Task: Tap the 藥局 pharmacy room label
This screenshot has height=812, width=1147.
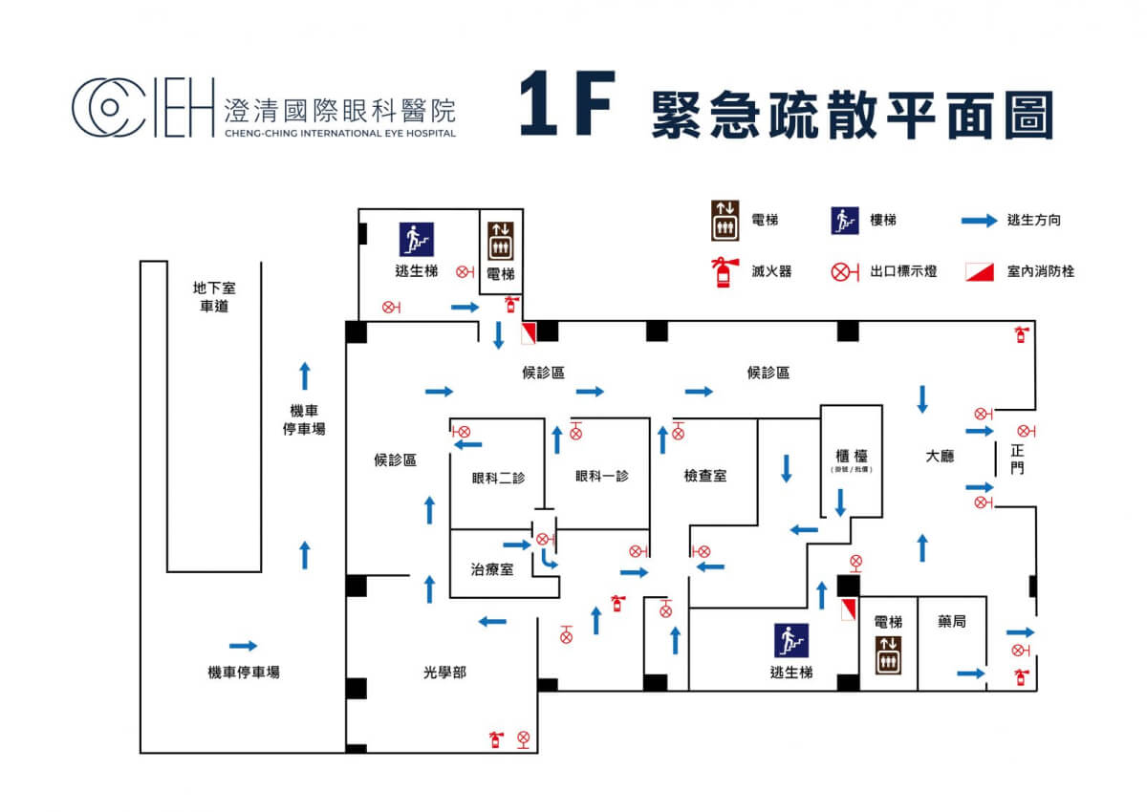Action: click(952, 621)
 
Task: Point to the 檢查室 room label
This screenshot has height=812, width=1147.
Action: click(704, 475)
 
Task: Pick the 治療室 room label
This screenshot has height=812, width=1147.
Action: click(492, 569)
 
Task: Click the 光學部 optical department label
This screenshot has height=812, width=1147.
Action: click(445, 672)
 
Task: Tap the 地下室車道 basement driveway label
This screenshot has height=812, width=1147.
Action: click(214, 297)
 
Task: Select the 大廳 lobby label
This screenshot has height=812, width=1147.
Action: click(941, 456)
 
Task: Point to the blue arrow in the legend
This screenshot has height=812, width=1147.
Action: click(979, 221)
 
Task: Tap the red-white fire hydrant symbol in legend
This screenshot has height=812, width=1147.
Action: click(979, 271)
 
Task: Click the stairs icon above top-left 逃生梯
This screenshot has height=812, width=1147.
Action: click(417, 239)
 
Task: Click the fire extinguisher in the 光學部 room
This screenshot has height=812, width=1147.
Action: click(496, 739)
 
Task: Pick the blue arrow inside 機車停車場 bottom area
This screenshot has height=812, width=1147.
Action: click(243, 646)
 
